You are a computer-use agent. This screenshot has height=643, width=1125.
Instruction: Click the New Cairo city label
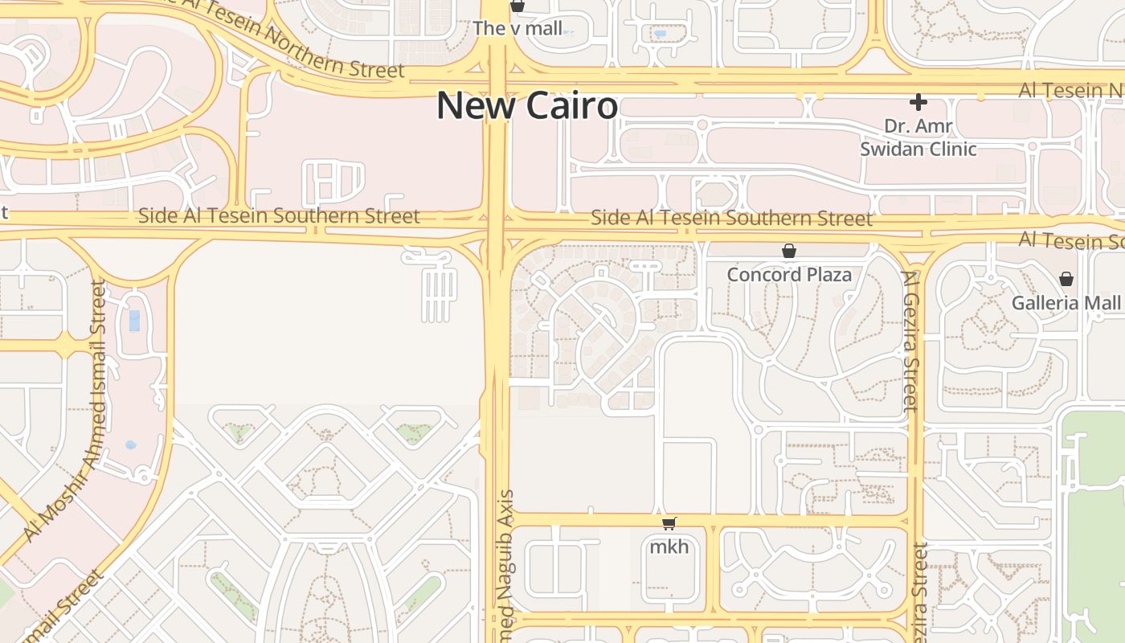[x=527, y=105]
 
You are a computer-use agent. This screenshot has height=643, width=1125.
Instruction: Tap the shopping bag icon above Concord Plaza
[x=789, y=252]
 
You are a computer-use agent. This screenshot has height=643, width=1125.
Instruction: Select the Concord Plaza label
[x=789, y=275]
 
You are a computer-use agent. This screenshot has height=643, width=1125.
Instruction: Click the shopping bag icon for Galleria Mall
[x=1066, y=279]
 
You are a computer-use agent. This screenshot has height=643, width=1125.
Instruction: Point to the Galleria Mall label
[x=1066, y=303]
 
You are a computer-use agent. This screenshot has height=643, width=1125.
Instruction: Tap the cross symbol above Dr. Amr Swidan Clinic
[x=918, y=102]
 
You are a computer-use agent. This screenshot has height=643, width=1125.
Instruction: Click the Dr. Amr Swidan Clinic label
[x=918, y=137]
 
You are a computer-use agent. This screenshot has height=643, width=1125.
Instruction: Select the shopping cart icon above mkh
[x=669, y=524]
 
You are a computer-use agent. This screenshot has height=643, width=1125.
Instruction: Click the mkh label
[x=669, y=547]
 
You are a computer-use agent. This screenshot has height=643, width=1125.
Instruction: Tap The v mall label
[x=517, y=29]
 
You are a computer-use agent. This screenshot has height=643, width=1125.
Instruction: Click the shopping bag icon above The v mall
[x=517, y=6]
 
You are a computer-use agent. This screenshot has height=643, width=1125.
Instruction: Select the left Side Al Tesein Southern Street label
[x=279, y=215]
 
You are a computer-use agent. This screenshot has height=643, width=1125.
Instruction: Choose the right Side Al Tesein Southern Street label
[x=731, y=218]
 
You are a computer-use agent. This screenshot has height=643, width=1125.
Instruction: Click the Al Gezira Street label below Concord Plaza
[x=910, y=342]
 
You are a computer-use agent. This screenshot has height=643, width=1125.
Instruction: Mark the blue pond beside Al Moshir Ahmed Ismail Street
[x=134, y=321]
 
